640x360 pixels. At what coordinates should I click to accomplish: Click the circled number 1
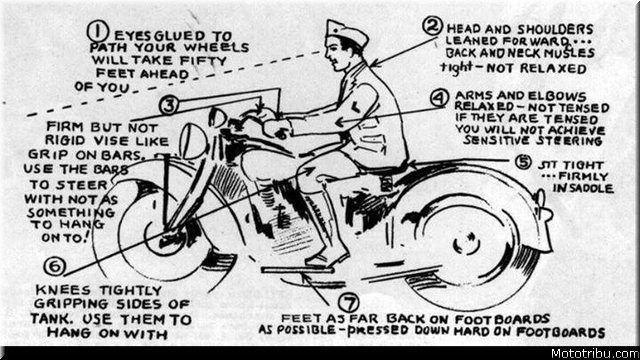98,31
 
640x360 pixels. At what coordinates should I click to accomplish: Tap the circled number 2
433,26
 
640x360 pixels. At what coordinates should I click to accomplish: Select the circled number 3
169,105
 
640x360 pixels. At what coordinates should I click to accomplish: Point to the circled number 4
439,98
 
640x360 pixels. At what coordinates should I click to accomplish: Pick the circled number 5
522,162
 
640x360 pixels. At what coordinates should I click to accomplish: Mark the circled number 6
55,266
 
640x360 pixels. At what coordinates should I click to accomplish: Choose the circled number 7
349,303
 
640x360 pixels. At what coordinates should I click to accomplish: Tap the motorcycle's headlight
193,141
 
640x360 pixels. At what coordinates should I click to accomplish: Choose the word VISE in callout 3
107,141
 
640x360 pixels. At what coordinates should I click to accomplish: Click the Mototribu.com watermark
594,353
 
